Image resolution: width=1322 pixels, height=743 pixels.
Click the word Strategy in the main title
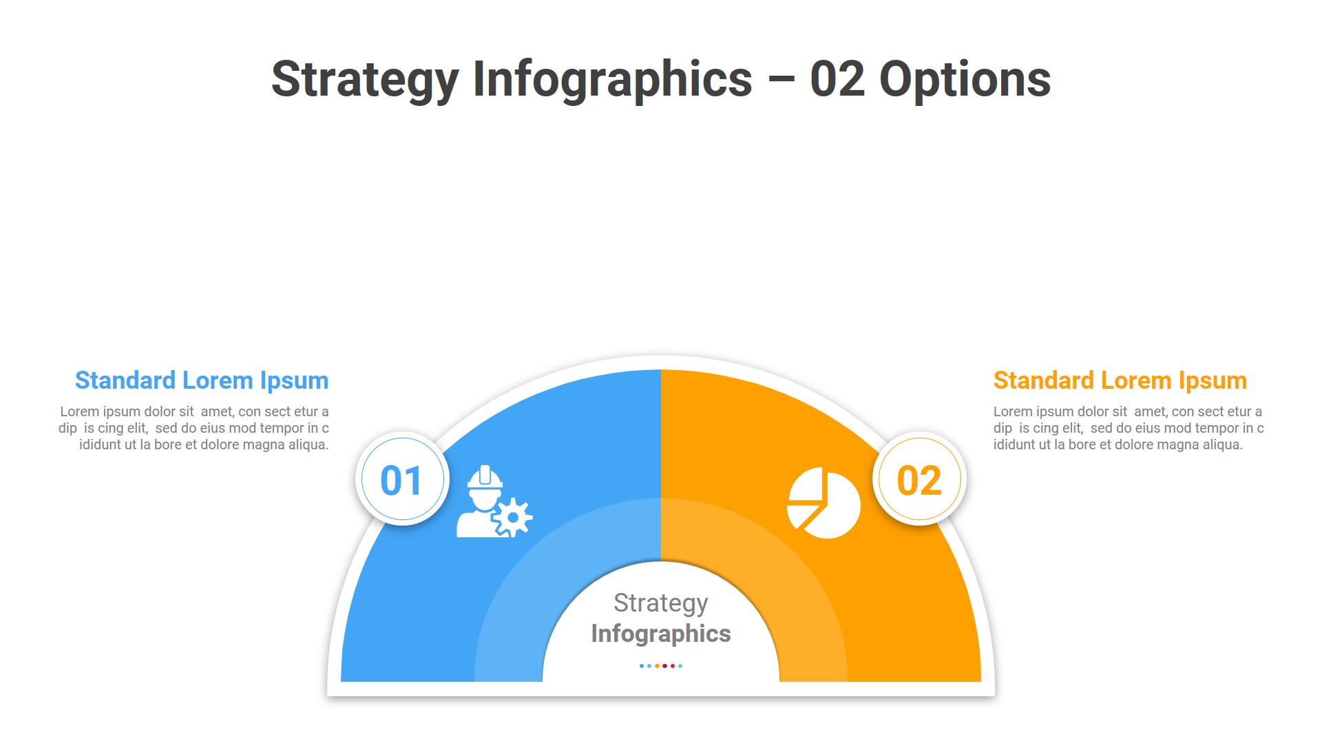(365, 80)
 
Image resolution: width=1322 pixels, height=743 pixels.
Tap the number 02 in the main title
(837, 80)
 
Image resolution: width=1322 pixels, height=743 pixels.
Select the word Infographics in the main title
(612, 80)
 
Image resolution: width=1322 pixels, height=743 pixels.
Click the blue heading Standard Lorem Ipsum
(202, 380)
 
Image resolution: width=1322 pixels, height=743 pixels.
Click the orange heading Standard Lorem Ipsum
(1120, 380)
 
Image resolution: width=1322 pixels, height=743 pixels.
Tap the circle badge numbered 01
(403, 480)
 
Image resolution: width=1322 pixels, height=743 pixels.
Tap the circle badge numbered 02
(919, 480)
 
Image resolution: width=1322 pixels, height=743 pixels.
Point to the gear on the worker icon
(513, 517)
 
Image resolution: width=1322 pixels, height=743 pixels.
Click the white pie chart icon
(824, 503)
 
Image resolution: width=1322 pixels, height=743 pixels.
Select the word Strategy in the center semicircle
(660, 603)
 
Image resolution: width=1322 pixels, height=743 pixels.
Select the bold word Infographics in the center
(660, 634)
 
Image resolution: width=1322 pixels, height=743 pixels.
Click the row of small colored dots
(660, 666)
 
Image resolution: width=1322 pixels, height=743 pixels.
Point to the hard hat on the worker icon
(485, 477)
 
